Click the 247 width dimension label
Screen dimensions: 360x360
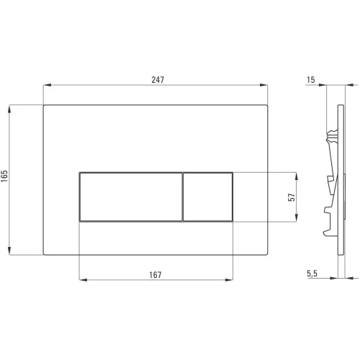coord(158,79)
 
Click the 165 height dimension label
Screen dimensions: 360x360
coord(4,176)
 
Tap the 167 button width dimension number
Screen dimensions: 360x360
coord(156,274)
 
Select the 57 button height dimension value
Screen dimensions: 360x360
coord(292,197)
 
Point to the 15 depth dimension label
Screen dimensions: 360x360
coord(311,80)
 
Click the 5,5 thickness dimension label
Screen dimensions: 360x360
coord(312,274)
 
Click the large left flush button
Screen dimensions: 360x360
coord(130,197)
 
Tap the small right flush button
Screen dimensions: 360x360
coord(207,197)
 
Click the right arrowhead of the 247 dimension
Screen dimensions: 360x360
coord(264,85)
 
